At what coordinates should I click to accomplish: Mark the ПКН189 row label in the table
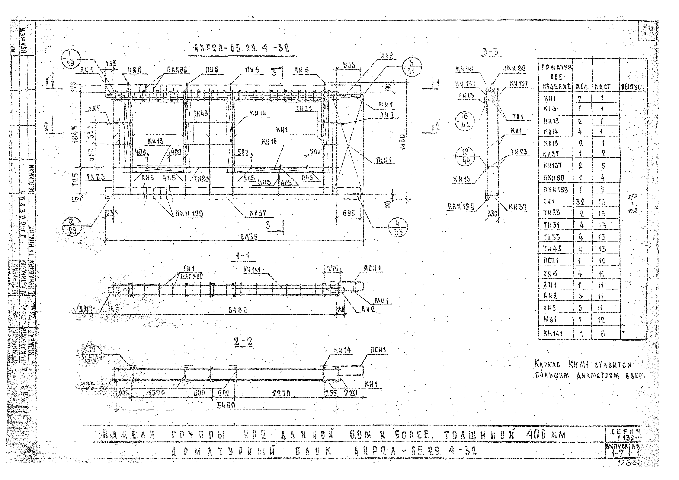pyautogui.click(x=555, y=189)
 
